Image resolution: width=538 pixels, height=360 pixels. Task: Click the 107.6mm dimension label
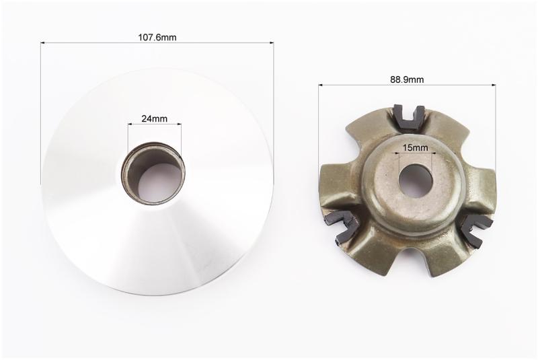(x=157, y=37)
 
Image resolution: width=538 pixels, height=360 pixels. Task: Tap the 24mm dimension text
(x=155, y=118)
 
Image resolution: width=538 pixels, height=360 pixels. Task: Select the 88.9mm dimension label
(x=407, y=79)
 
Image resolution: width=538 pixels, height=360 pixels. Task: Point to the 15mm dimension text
(x=416, y=147)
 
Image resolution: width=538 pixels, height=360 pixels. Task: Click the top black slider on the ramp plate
(x=409, y=117)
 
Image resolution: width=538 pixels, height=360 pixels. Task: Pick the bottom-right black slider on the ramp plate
(x=476, y=230)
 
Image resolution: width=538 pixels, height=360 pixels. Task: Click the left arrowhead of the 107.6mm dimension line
(x=42, y=43)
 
